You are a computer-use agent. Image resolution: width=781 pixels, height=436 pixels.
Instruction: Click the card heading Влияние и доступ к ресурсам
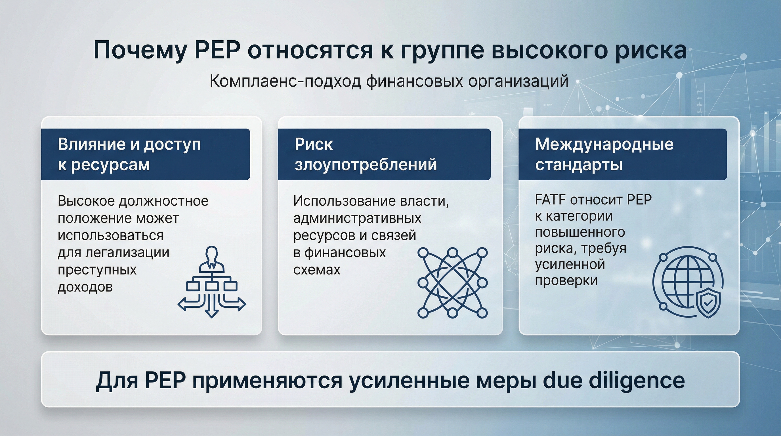(x=129, y=154)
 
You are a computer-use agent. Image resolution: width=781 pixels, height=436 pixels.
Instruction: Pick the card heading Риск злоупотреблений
(x=365, y=154)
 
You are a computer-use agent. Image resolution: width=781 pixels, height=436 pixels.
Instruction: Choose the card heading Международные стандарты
(x=604, y=154)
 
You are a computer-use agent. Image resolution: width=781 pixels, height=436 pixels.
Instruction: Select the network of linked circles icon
(x=452, y=283)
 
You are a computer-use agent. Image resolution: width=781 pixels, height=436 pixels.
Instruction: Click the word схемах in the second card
(x=316, y=270)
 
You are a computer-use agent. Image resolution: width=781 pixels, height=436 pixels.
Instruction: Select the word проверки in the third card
(x=566, y=280)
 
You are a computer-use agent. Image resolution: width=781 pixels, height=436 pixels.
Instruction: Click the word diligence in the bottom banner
(x=636, y=380)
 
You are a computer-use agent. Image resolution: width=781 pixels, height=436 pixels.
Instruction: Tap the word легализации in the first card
(x=127, y=253)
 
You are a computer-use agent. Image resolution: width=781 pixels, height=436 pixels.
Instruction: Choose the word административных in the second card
(x=357, y=218)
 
